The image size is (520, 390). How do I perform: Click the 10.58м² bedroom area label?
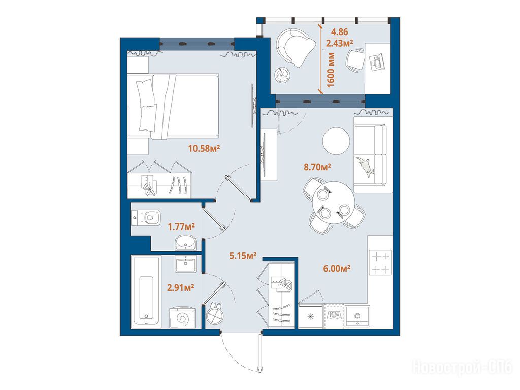point(204,148)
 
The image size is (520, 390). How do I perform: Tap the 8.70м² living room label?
point(317,167)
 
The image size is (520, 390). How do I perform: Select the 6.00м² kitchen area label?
point(337,268)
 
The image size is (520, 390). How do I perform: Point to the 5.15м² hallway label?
point(243,256)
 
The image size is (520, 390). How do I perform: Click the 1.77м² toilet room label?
point(181,227)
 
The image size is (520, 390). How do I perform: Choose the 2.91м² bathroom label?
point(180,287)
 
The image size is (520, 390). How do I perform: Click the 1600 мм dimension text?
point(331,70)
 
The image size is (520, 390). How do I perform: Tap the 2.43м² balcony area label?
point(339,43)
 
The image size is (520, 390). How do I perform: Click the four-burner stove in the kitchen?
point(380,262)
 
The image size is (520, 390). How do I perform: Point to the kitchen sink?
point(357,316)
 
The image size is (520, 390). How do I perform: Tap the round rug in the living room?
point(336,141)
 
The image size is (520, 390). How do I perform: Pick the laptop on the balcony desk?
point(377,62)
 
